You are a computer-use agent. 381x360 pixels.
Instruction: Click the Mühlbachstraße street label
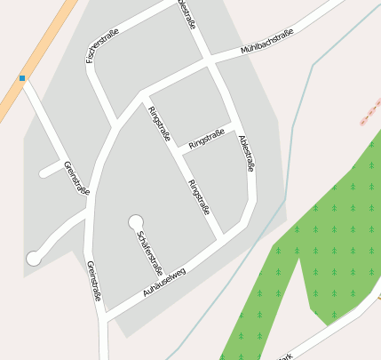(267, 44)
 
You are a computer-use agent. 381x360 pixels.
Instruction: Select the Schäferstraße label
(149, 252)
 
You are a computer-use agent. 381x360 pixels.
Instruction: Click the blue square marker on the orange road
(22, 78)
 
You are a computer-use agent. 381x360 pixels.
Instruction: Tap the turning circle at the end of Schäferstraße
(136, 221)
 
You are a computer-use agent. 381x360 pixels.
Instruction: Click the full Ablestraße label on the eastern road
(247, 153)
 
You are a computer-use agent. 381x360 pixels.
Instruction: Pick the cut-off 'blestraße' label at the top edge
(187, 14)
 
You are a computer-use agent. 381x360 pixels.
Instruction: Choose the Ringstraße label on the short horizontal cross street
(206, 138)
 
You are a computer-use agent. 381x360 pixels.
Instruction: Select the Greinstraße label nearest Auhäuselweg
(94, 280)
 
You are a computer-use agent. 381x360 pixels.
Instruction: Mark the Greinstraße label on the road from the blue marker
(76, 177)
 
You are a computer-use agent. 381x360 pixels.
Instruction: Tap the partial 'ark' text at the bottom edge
(285, 356)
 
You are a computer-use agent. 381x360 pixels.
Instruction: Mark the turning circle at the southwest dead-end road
(34, 258)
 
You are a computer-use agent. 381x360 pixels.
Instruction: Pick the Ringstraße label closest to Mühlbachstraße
(160, 124)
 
